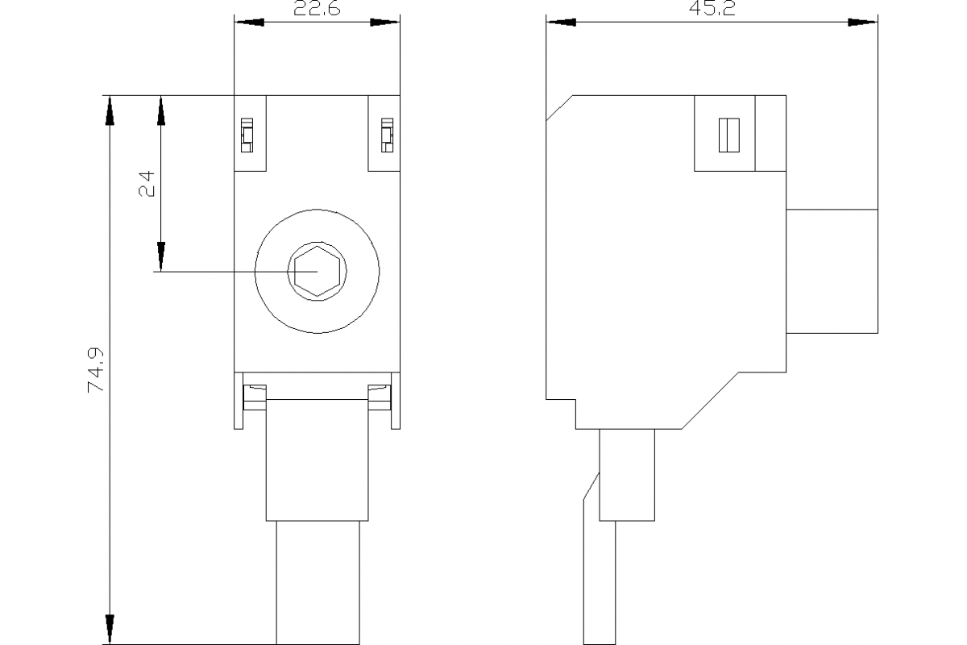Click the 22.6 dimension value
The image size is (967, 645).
[x=317, y=9]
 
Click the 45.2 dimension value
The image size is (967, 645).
[x=712, y=9]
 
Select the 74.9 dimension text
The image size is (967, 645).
[x=98, y=372]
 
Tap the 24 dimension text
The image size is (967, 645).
[x=147, y=184]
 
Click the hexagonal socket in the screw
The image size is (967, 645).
[x=317, y=271]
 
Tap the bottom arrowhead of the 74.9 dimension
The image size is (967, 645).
[x=109, y=630]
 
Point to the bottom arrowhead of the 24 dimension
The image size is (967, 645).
[x=160, y=256]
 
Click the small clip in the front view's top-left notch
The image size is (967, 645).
[x=247, y=135]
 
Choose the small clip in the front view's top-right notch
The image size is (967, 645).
[x=388, y=135]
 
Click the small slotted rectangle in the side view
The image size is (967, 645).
[x=728, y=135]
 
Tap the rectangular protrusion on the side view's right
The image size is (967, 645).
[x=832, y=271]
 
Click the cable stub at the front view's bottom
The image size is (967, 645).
[x=317, y=582]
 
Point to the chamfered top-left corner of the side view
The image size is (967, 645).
[x=558, y=108]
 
